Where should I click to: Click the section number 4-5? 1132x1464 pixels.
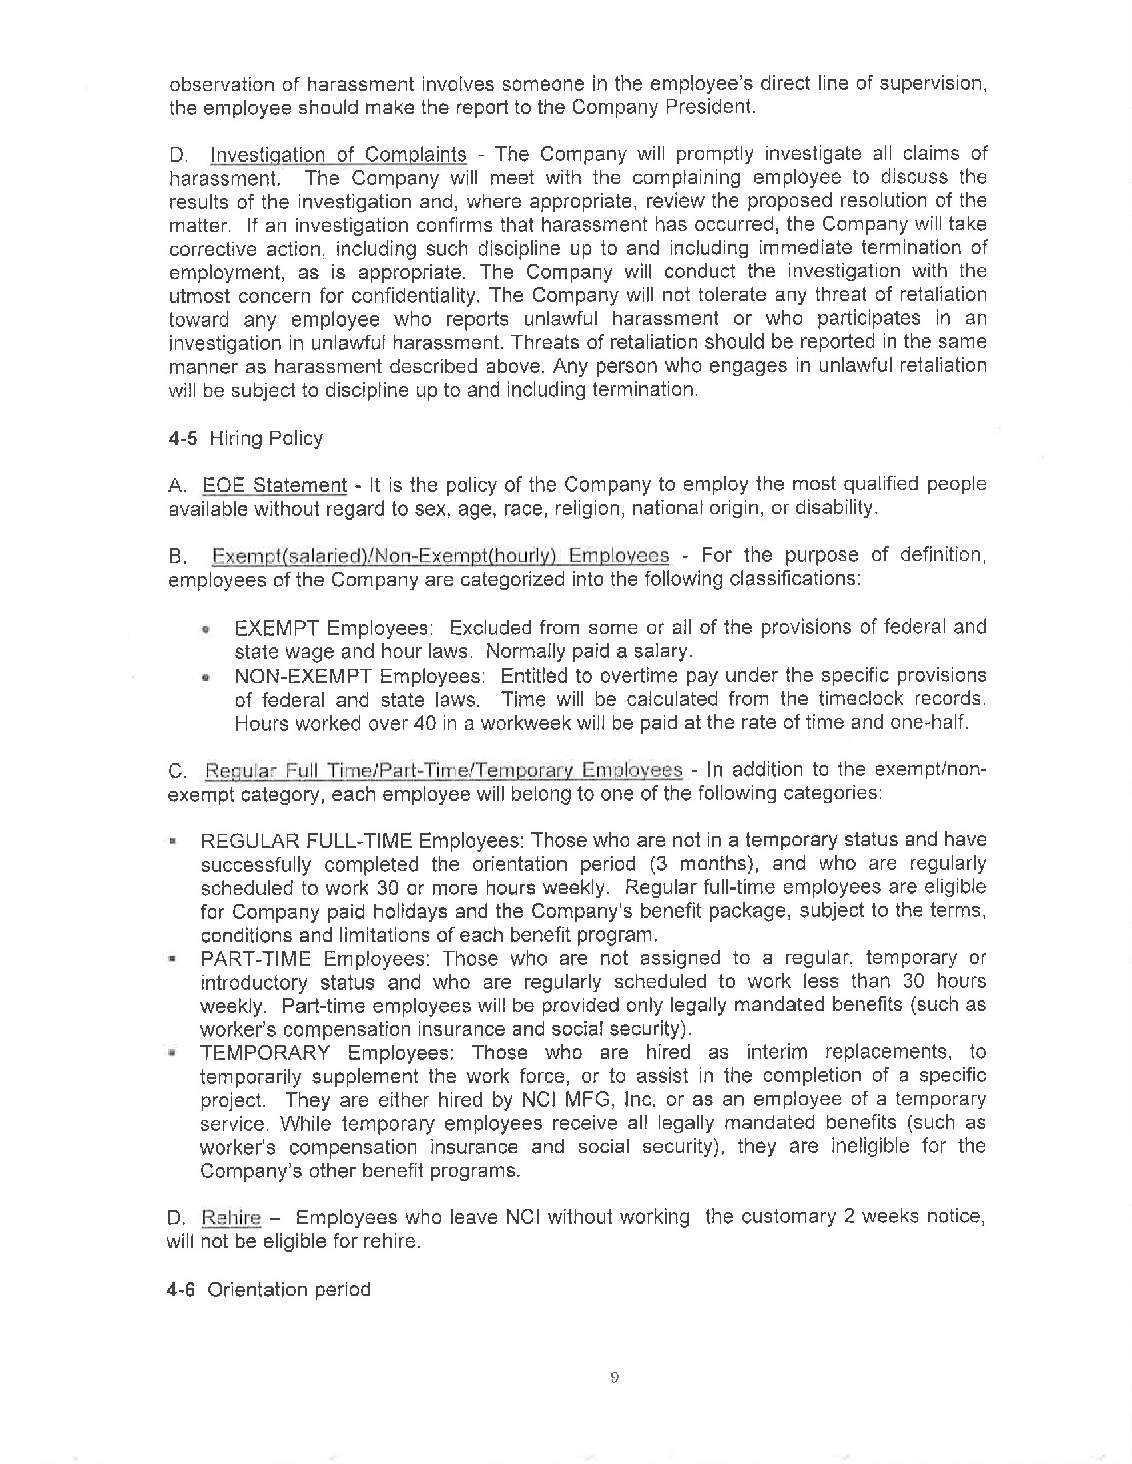(x=183, y=439)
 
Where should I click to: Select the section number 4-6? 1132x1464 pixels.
(x=181, y=1290)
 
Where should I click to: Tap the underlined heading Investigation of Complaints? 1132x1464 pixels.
(x=338, y=155)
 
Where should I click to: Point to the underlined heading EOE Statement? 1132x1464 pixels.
(x=274, y=485)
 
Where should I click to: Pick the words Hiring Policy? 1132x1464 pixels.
(x=266, y=439)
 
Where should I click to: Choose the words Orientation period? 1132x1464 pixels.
(x=289, y=1290)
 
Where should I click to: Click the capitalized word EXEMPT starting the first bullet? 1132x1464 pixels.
(x=276, y=628)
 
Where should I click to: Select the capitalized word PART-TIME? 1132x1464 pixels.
(x=256, y=958)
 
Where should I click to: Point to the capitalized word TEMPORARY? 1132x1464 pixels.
(x=265, y=1053)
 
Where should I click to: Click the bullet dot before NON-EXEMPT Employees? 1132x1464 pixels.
(x=206, y=678)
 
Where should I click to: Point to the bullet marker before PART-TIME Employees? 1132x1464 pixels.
(x=173, y=960)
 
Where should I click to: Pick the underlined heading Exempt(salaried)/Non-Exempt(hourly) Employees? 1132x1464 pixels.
(x=440, y=556)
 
